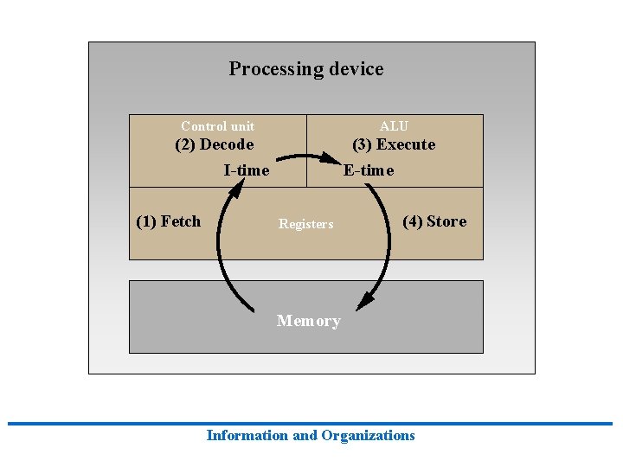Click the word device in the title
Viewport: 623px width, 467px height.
(355, 69)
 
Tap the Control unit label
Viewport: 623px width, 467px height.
(217, 126)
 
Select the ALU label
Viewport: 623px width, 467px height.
(394, 126)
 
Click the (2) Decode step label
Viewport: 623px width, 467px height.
(215, 144)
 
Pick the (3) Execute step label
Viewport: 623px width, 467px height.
(394, 144)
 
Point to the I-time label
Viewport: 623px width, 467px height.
(247, 170)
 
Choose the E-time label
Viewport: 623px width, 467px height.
(369, 170)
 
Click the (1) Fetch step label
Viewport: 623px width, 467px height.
(169, 221)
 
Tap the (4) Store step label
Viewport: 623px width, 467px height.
(434, 221)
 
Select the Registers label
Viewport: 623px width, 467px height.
(305, 225)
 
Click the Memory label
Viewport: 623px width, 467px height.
(309, 321)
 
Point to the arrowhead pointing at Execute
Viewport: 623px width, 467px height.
(333, 159)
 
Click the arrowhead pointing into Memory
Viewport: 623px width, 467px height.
(367, 300)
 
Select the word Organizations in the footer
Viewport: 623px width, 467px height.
(368, 436)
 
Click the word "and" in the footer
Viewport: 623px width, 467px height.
(305, 436)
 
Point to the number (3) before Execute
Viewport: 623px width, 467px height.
(362, 144)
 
